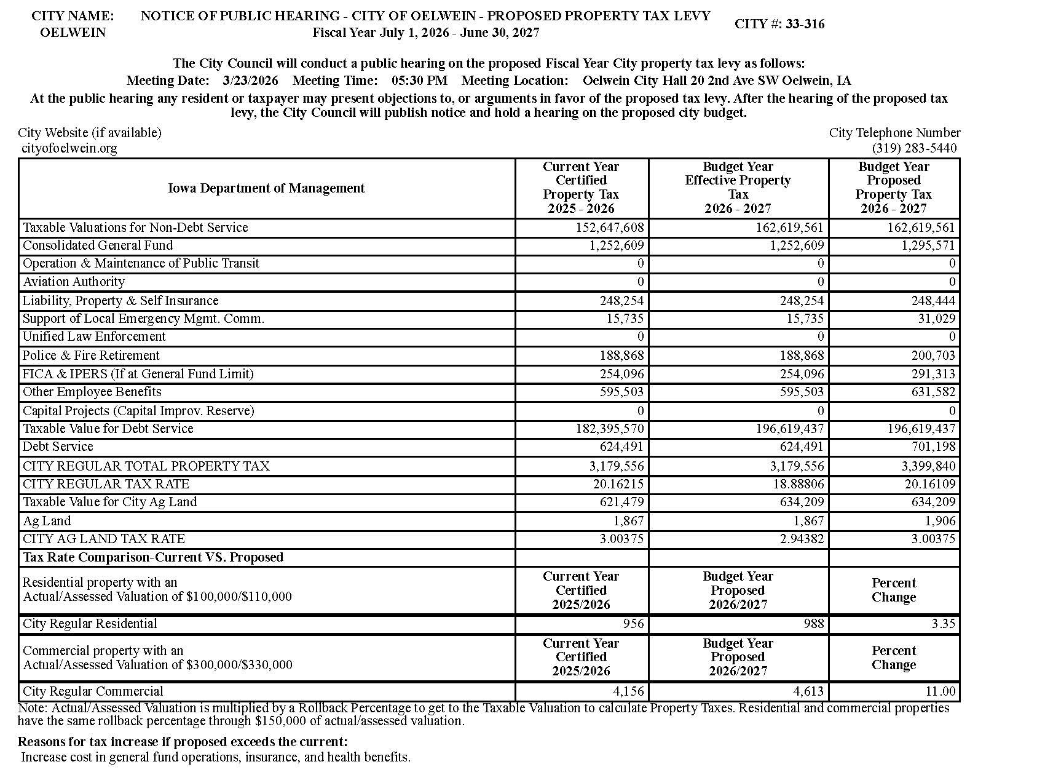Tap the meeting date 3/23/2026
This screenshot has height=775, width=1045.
(x=251, y=81)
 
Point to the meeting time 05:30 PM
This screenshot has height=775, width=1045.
(x=419, y=81)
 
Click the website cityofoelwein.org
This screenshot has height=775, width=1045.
(x=69, y=148)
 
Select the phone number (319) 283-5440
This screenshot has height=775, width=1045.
(x=913, y=148)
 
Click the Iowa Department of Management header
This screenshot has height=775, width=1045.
(x=266, y=188)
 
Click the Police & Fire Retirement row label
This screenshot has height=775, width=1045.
(x=91, y=356)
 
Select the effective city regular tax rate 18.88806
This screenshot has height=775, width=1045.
(x=798, y=484)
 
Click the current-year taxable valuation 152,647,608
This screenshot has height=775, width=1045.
(x=609, y=228)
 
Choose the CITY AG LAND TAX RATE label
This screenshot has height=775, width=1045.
(x=104, y=539)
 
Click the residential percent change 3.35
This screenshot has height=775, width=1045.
(x=943, y=624)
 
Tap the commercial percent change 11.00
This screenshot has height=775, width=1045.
(x=940, y=691)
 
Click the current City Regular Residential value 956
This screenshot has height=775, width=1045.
(x=633, y=624)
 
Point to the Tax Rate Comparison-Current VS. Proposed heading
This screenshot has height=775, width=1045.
(x=153, y=557)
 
